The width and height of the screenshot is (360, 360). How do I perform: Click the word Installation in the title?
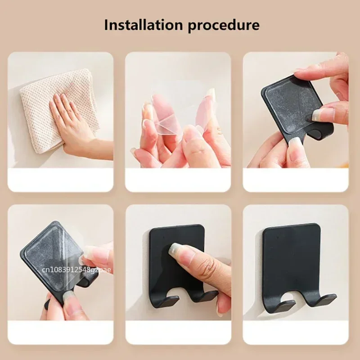tap(143, 24)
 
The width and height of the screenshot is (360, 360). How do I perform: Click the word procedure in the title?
tap(224, 25)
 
